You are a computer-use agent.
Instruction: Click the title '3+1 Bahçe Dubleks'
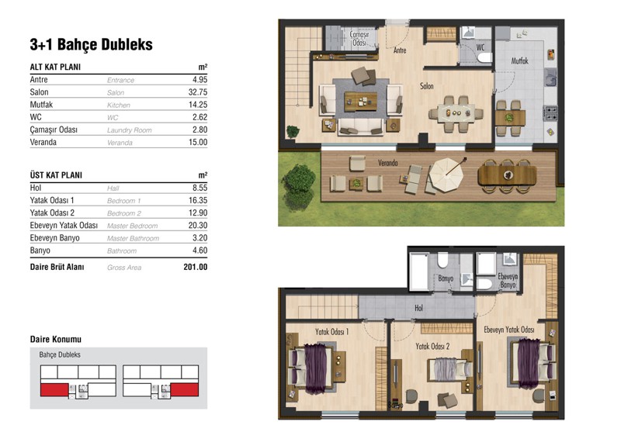pyautogui.click(x=91, y=45)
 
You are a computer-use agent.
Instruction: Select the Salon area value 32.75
pyautogui.click(x=198, y=92)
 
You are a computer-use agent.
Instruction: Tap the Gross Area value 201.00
pyautogui.click(x=196, y=267)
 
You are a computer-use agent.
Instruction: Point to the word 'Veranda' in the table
pyautogui.click(x=43, y=142)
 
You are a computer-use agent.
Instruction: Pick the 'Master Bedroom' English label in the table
pyautogui.click(x=132, y=226)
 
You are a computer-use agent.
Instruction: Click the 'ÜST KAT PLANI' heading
pyautogui.click(x=56, y=175)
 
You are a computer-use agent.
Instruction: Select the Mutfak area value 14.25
pyautogui.click(x=198, y=105)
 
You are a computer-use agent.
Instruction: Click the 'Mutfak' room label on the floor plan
pyautogui.click(x=519, y=61)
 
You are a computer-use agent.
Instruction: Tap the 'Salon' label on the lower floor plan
pyautogui.click(x=426, y=86)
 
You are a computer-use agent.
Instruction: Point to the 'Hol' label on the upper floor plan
pyautogui.click(x=418, y=308)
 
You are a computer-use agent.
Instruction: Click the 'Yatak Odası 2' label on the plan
pyautogui.click(x=432, y=347)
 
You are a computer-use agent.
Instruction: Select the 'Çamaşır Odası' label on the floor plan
pyautogui.click(x=359, y=39)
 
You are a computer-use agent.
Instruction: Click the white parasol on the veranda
pyautogui.click(x=446, y=174)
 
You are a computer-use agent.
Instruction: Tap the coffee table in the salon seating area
pyautogui.click(x=360, y=102)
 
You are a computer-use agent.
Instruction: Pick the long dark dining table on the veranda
pyautogui.click(x=508, y=175)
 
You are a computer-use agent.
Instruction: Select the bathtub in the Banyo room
pyautogui.click(x=419, y=271)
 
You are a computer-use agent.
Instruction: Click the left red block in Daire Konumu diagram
pyautogui.click(x=54, y=389)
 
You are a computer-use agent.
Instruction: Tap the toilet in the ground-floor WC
pyautogui.click(x=484, y=58)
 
